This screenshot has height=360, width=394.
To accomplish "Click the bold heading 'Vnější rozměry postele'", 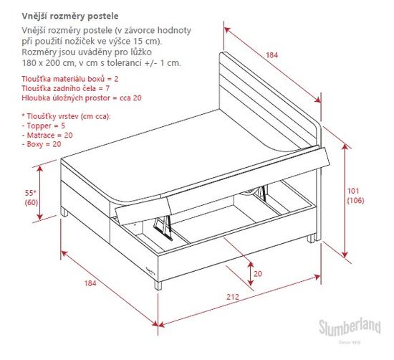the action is click(70, 16).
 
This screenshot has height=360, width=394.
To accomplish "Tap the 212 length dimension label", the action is click(233, 297).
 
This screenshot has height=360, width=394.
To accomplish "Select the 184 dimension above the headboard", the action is click(272, 55).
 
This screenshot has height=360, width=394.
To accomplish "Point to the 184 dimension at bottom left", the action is click(90, 283).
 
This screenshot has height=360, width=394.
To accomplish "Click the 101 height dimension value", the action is click(353, 191).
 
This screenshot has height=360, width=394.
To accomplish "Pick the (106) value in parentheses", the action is click(355, 201).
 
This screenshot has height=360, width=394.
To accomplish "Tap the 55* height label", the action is click(31, 193).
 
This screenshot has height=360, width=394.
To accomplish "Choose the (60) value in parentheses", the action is click(31, 202).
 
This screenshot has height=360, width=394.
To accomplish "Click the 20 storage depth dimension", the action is click(258, 273).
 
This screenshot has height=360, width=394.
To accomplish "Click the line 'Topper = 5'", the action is click(43, 125).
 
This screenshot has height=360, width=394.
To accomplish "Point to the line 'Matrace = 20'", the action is click(47, 135).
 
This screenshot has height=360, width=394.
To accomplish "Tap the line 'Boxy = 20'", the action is click(42, 144).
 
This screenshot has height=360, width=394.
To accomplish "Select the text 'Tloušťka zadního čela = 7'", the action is click(66, 88).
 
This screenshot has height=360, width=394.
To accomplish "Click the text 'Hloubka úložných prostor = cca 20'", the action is click(82, 98).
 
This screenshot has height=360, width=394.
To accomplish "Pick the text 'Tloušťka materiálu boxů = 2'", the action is click(70, 79).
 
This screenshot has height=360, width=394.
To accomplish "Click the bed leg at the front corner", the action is click(158, 285).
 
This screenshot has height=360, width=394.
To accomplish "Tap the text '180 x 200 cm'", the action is click(49, 63).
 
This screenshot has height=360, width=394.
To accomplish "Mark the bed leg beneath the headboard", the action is click(311, 239).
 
